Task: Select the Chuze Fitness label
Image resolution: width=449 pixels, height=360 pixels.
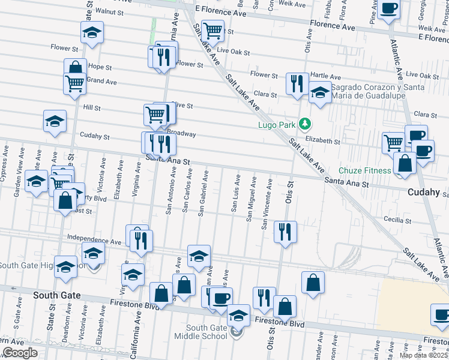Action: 364,170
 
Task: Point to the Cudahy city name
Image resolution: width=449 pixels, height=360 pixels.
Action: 424,193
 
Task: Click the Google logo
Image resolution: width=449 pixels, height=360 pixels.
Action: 19,353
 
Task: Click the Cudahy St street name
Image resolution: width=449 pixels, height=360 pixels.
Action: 94,137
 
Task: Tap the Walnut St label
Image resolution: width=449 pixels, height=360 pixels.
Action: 109,11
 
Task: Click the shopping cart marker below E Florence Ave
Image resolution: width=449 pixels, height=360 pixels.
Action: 213,30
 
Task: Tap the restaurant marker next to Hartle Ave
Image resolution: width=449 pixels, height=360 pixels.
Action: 297,83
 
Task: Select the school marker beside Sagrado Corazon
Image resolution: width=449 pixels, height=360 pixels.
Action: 320,93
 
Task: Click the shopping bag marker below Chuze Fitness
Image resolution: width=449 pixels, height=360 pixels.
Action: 405,163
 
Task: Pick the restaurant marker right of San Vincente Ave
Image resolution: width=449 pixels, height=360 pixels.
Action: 285,231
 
